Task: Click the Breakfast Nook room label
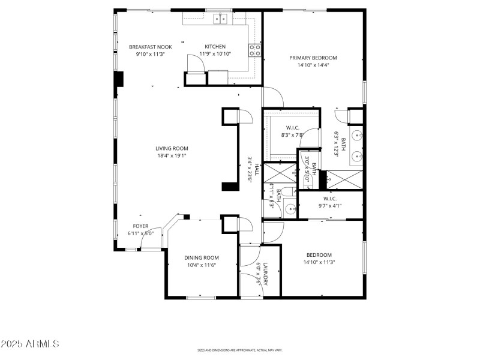point(150,47)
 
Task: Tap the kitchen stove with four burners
point(255,50)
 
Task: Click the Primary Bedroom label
point(313,58)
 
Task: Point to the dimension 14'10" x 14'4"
point(313,65)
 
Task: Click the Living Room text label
point(172,148)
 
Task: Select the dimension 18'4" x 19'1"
point(172,155)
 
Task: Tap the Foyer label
point(140,226)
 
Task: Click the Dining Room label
point(201,257)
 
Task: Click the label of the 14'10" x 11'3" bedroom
point(319,255)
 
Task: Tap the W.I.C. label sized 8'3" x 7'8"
point(292,127)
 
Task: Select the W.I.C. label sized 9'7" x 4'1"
point(330,199)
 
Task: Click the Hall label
point(256,169)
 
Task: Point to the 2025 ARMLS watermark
point(30,344)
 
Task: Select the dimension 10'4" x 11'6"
point(201,265)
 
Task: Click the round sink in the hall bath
point(290,209)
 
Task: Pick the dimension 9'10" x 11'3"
point(150,54)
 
